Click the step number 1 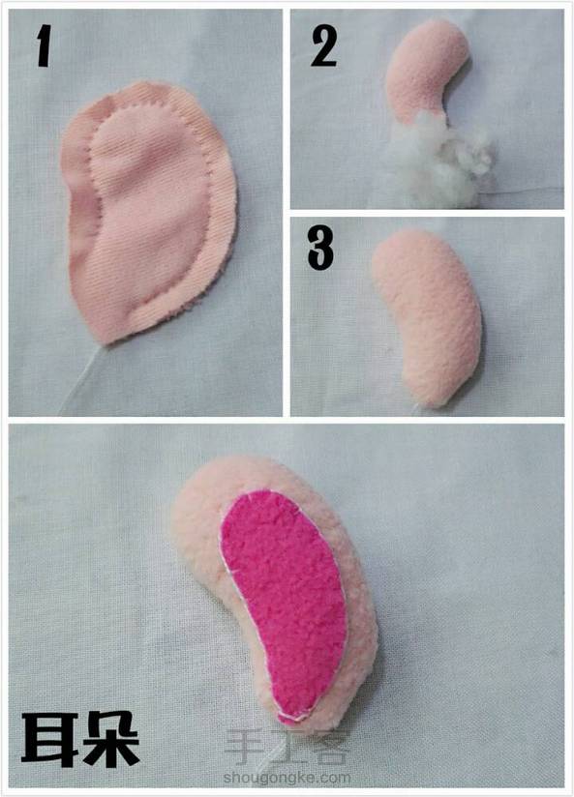(44, 47)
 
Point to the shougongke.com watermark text (287, 778)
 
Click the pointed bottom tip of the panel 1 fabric (106, 343)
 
